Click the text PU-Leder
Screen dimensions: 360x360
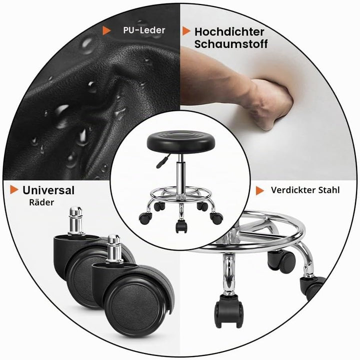[144, 30]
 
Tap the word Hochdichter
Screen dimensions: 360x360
[229, 32]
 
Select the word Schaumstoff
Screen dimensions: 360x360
[231, 44]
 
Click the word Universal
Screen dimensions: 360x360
[48, 190]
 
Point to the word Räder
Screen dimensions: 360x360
[41, 202]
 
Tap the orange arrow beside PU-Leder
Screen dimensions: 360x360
[106, 30]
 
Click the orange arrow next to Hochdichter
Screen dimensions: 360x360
[186, 31]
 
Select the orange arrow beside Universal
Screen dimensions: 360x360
[14, 190]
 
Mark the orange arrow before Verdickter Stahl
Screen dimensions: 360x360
[260, 191]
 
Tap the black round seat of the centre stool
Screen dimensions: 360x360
[181, 142]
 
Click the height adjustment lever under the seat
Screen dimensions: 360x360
[163, 161]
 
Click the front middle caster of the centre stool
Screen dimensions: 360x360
[181, 226]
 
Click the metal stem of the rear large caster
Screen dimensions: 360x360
[76, 221]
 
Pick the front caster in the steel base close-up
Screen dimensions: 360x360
[228, 311]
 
